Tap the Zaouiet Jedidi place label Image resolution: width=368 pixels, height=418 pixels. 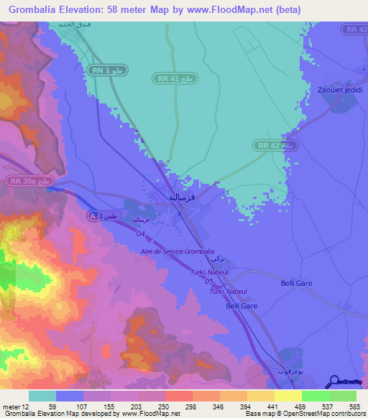[x=339, y=90]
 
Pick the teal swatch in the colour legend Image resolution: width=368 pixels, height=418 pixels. [x=42, y=396]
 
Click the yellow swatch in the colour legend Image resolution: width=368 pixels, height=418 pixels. [x=287, y=396]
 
